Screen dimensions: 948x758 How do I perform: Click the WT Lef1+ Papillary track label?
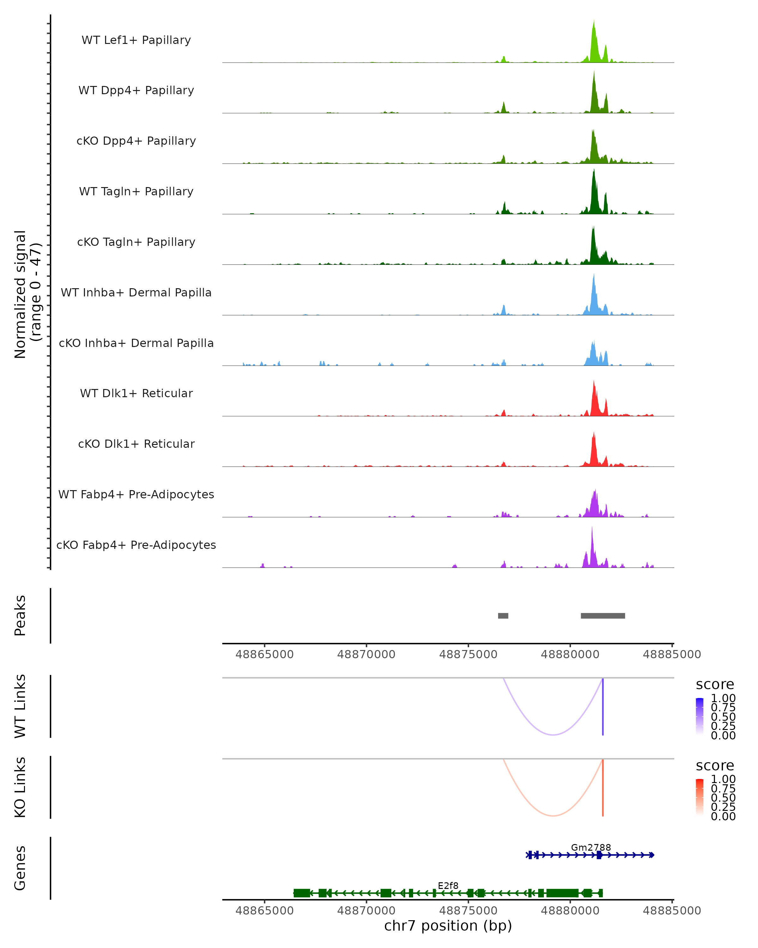[136, 40]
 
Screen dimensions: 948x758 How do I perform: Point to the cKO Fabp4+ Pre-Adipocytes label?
[136, 545]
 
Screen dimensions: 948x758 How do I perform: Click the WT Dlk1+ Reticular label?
[136, 393]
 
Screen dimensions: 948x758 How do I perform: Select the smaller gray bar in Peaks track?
[503, 616]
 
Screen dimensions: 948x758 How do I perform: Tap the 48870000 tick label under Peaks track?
[366, 654]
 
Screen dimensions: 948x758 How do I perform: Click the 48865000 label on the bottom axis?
[265, 911]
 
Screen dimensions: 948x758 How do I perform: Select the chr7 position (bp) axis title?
[448, 926]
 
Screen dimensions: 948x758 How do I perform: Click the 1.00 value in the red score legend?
[723, 779]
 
